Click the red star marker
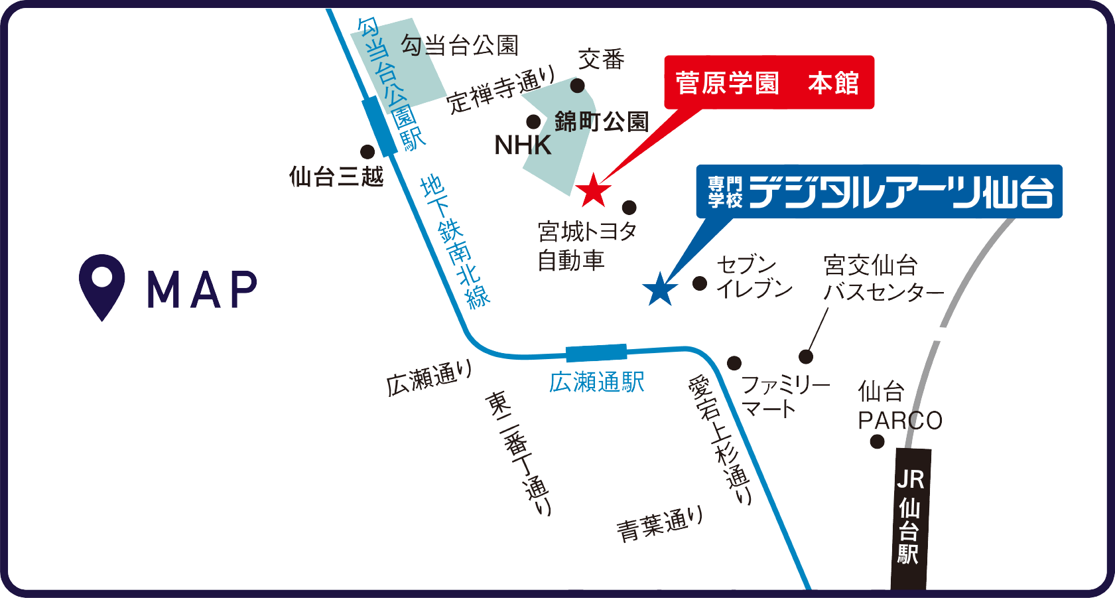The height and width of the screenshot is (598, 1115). (x=593, y=190)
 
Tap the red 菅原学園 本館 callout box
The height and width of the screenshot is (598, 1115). (x=769, y=82)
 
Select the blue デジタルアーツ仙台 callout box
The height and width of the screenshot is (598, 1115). (x=879, y=192)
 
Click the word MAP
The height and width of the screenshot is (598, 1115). (x=202, y=289)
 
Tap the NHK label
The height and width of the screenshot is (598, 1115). (x=523, y=145)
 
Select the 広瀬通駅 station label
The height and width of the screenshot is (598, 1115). (x=597, y=383)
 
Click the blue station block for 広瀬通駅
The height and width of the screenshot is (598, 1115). (x=596, y=353)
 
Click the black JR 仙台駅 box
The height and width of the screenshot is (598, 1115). (x=912, y=518)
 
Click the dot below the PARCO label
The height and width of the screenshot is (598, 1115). (x=877, y=441)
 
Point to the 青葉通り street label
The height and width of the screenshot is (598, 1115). (x=659, y=524)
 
